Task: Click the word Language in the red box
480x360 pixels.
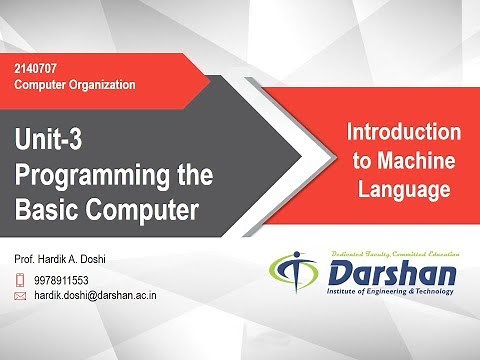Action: pyautogui.click(x=403, y=187)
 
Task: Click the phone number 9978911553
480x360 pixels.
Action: pyautogui.click(x=66, y=280)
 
